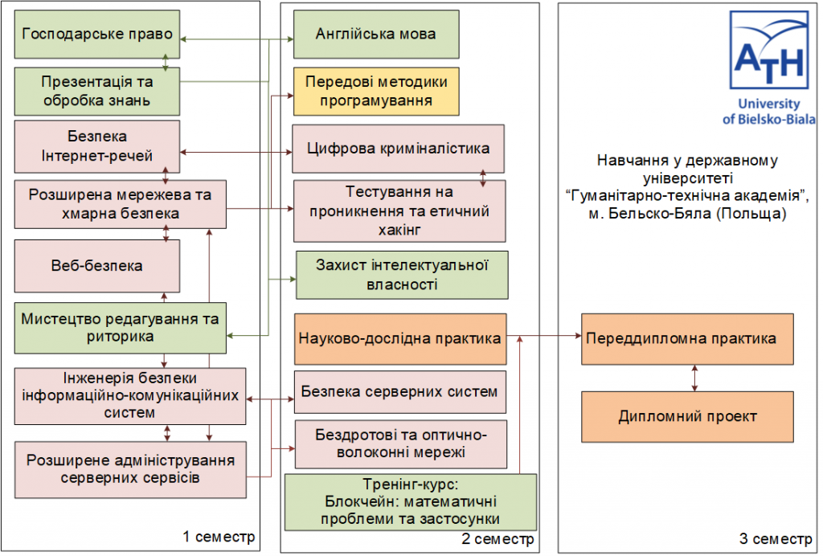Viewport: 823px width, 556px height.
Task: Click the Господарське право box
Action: click(x=97, y=34)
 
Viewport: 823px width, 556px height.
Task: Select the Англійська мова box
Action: click(x=375, y=34)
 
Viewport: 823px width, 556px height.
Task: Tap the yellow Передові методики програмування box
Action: click(x=375, y=91)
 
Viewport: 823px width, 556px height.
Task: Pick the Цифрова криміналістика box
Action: click(x=398, y=149)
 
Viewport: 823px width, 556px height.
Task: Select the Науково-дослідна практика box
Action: click(x=400, y=338)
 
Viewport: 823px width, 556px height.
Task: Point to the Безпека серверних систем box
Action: click(x=399, y=392)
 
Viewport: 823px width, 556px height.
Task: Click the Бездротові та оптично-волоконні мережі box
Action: click(x=400, y=444)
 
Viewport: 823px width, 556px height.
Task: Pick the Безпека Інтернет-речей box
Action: click(x=97, y=146)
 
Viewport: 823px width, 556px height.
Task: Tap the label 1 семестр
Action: click(x=219, y=536)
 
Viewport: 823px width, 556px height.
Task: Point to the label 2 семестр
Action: click(x=497, y=538)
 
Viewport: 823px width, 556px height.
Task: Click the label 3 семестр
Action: click(x=776, y=538)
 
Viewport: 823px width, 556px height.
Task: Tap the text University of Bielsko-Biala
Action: click(x=769, y=112)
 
